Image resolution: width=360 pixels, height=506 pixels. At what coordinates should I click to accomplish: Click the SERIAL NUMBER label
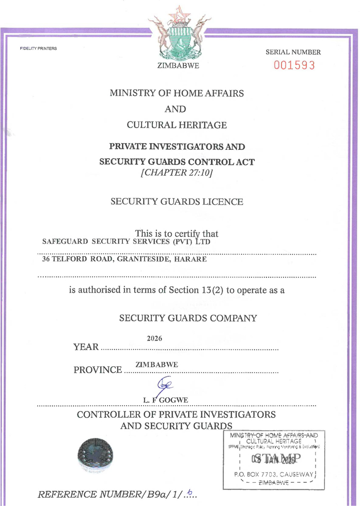click(293, 52)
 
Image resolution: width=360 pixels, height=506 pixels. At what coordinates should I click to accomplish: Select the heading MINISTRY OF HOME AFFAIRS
click(177, 94)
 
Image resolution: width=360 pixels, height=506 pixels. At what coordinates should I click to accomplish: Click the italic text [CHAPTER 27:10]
click(177, 172)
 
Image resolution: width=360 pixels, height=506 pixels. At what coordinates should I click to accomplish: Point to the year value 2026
click(154, 339)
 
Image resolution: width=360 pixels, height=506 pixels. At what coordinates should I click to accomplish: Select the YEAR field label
click(86, 347)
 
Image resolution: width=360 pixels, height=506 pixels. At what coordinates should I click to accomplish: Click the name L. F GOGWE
click(167, 400)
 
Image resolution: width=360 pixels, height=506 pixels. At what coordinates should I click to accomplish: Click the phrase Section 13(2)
click(196, 290)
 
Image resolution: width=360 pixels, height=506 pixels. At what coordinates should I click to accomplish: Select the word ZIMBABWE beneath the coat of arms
click(177, 67)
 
